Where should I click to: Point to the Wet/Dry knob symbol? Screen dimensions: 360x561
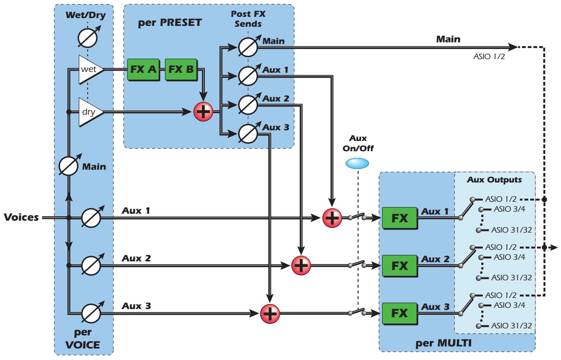pyautogui.click(x=88, y=37)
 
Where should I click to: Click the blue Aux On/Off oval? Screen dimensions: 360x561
pyautogui.click(x=357, y=163)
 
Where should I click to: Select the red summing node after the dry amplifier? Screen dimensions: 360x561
pyautogui.click(x=203, y=111)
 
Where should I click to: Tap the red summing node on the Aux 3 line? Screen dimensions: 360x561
pyautogui.click(x=270, y=314)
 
